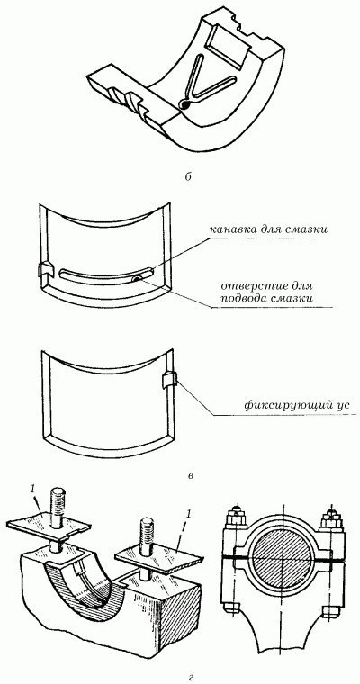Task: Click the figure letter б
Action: (187, 177)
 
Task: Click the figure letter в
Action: (190, 475)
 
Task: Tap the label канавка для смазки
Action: (268, 229)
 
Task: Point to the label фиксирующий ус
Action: (297, 406)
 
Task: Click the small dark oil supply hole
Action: (138, 279)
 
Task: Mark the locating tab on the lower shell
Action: (169, 380)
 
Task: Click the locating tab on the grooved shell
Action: (46, 270)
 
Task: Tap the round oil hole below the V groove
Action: (184, 104)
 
